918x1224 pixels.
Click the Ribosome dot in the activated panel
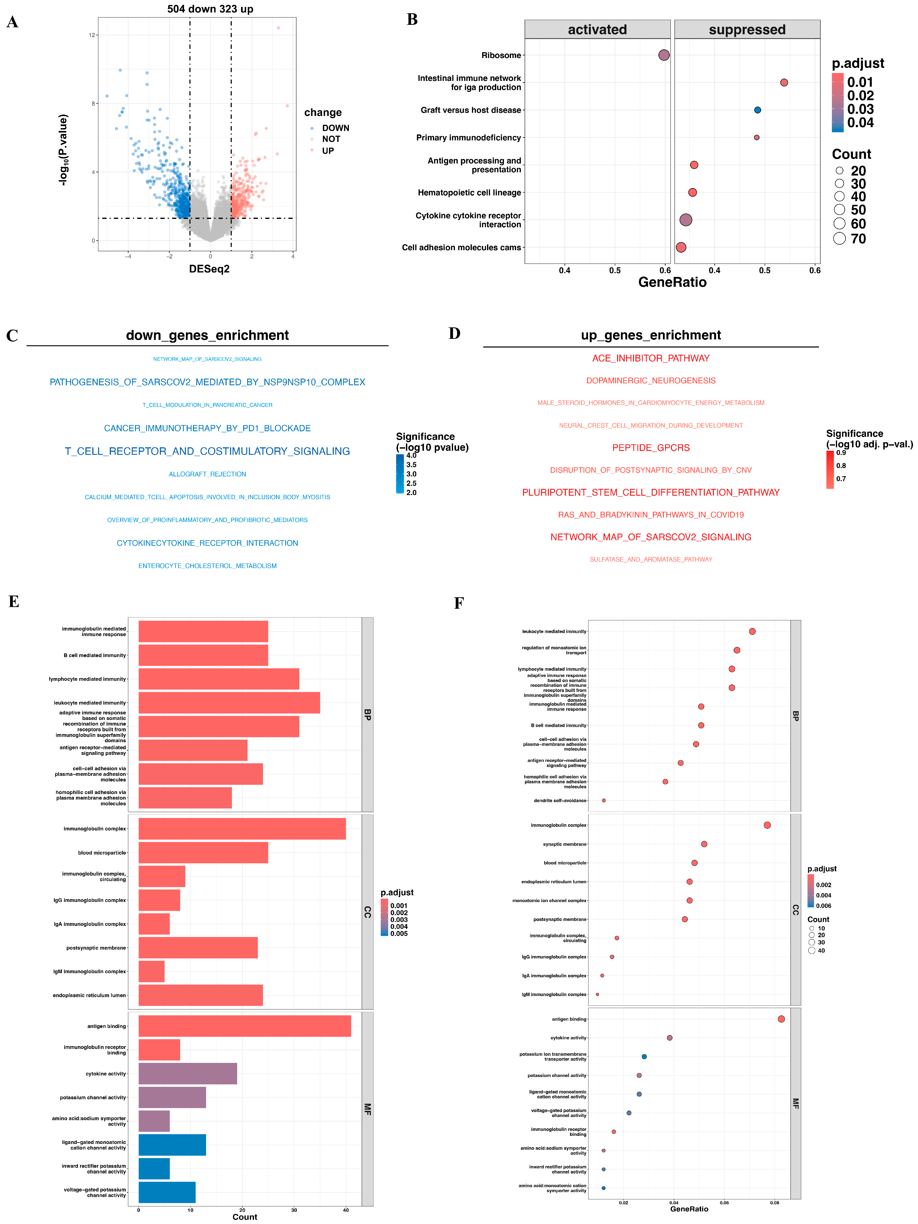coord(663,55)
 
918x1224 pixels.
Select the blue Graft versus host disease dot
coord(757,110)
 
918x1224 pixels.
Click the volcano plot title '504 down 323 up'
coord(210,9)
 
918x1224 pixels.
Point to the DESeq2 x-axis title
coord(209,269)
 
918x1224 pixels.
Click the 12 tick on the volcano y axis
coord(92,35)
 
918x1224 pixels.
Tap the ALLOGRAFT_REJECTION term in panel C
coord(208,474)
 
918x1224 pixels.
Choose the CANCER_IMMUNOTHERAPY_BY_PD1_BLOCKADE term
coord(208,428)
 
